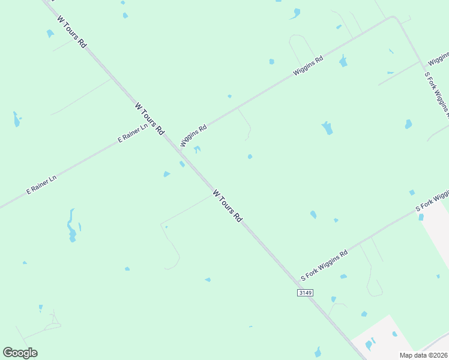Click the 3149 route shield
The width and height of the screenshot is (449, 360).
click(x=305, y=292)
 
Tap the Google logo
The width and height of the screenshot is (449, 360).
click(x=20, y=353)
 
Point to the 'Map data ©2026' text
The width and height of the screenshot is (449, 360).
click(x=424, y=355)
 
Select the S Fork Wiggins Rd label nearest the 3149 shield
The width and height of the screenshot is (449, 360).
click(x=324, y=266)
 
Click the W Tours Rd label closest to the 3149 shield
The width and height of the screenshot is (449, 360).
click(x=227, y=206)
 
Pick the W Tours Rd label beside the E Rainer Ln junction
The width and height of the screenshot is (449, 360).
click(x=149, y=118)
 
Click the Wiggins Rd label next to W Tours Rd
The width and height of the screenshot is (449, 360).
click(x=193, y=136)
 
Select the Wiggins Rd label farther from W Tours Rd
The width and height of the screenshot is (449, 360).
click(x=308, y=65)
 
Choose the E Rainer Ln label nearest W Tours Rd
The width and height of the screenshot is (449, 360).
click(x=133, y=133)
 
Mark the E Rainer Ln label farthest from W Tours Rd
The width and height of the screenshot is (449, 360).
click(x=41, y=184)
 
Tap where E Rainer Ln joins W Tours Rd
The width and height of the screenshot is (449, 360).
click(x=159, y=125)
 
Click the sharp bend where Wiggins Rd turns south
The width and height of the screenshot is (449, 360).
click(x=394, y=18)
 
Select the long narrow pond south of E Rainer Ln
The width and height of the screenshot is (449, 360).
click(x=71, y=225)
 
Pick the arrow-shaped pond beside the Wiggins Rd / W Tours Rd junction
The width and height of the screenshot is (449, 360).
click(x=197, y=149)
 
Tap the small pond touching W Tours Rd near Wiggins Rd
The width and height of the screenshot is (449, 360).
click(x=181, y=164)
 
